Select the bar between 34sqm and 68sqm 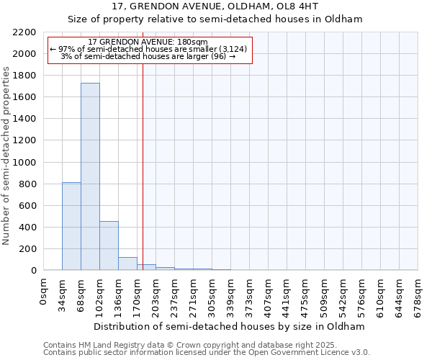coord(71,226)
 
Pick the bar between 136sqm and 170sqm coord(127,264)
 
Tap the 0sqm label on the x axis coord(44,292)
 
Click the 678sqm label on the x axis coord(418,296)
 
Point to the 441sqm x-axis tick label coord(287,296)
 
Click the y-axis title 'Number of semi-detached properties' coord(7,156)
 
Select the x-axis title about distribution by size coord(230,326)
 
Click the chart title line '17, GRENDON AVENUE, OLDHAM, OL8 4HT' coord(215,6)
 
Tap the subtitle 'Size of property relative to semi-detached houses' coord(215,19)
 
